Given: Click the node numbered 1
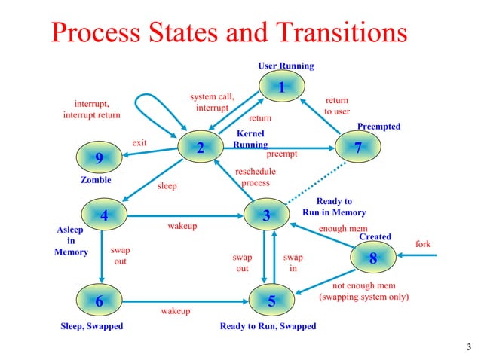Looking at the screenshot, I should coord(281,87).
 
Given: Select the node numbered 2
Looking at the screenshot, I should coord(201,148).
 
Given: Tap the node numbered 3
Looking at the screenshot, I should coord(266,216).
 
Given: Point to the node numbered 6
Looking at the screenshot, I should coord(98,301).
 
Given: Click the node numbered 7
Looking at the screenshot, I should coord(358,148).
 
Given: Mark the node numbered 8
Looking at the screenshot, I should coord(372,258).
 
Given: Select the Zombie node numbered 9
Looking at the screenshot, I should coord(98,158).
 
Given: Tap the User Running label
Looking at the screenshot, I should coord(286,66).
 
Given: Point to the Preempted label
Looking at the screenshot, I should coord(378,127).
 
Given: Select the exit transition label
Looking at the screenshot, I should coord(139,142).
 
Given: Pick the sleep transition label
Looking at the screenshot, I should coord(167,186).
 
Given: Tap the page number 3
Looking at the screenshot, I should coord(469,347).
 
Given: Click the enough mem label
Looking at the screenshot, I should coord(343,227).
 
